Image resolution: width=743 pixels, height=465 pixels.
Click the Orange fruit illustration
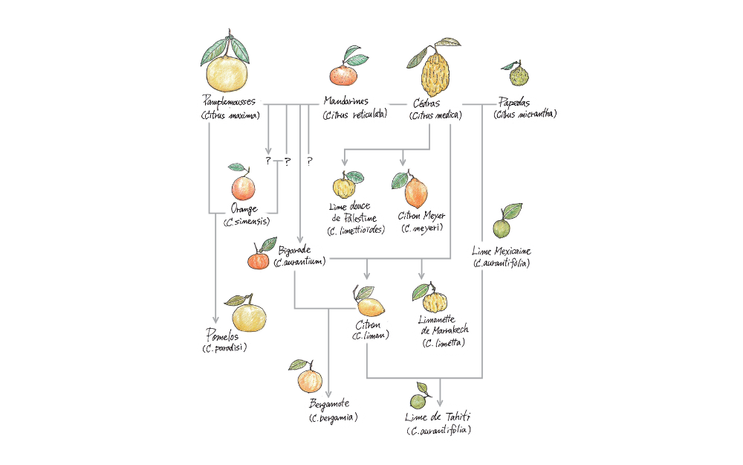pyautogui.click(x=242, y=187)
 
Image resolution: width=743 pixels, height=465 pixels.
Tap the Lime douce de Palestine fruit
pyautogui.click(x=344, y=185)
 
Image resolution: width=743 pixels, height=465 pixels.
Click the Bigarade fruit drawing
pyautogui.click(x=258, y=260)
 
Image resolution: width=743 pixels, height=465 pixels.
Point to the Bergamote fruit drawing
pyautogui.click(x=309, y=380)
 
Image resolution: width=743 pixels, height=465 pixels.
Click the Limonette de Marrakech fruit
pyautogui.click(x=434, y=301)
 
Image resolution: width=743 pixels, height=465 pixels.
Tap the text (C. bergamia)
pyautogui.click(x=333, y=417)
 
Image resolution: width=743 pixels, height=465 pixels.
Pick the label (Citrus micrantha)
pyautogui.click(x=525, y=115)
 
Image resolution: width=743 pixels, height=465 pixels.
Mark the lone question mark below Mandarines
pyautogui.click(x=308, y=161)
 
